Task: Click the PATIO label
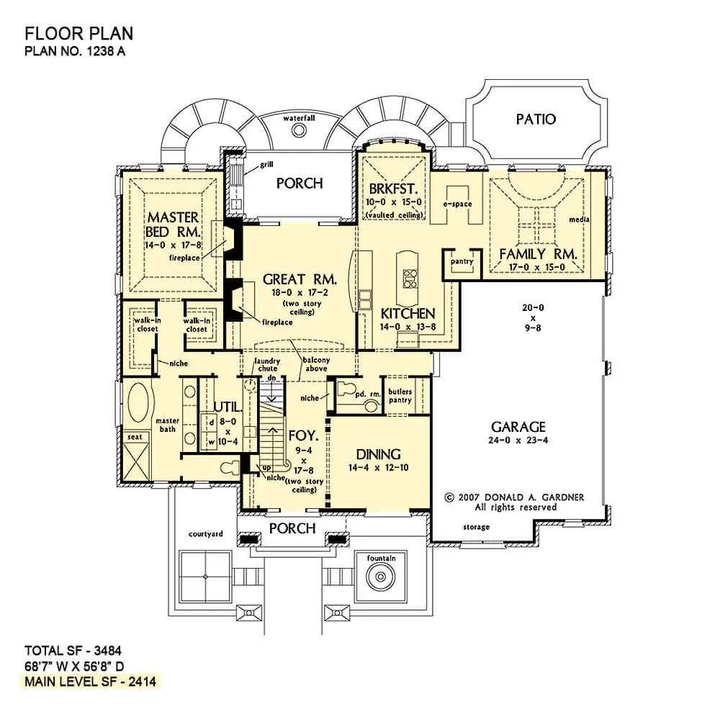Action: (x=536, y=119)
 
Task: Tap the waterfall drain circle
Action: (x=299, y=130)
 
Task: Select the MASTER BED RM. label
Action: (x=173, y=224)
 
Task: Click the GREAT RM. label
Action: (x=300, y=279)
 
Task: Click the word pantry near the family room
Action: (x=462, y=261)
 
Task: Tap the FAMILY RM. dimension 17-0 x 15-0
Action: (x=537, y=267)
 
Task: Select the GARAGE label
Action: (x=518, y=427)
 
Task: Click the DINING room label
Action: (x=379, y=455)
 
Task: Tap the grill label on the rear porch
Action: (x=267, y=164)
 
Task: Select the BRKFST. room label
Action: (x=394, y=189)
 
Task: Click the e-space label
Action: (x=457, y=204)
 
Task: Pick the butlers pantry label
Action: (x=400, y=396)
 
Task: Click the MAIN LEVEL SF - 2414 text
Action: (x=91, y=682)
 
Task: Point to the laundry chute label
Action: (x=267, y=365)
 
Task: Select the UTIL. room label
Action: (x=228, y=407)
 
